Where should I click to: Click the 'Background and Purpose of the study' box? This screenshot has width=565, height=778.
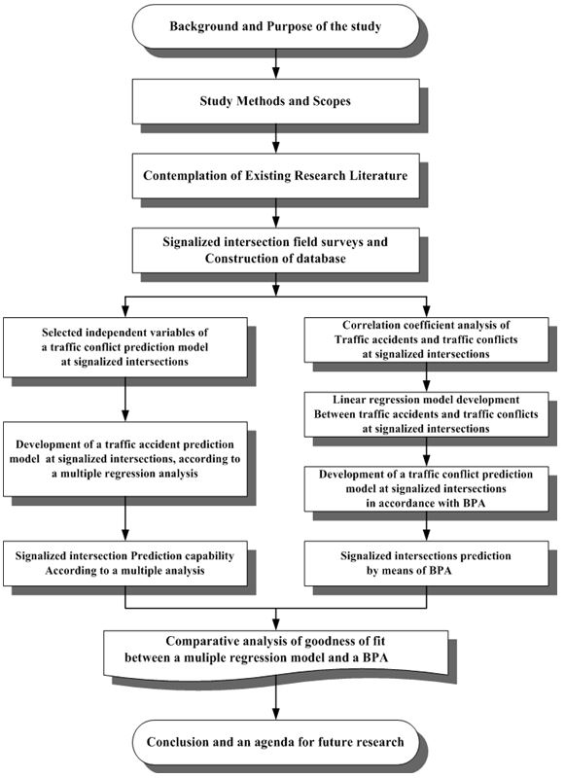[275, 26]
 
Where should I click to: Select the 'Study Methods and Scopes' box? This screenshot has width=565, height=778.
[275, 101]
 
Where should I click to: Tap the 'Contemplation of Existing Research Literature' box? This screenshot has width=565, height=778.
[275, 176]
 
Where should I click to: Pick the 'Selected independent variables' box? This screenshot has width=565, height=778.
[125, 347]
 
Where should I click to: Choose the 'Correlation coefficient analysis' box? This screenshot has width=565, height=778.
[426, 339]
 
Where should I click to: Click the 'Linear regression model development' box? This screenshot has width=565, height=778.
[426, 414]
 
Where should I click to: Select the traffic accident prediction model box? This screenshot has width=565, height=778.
[125, 459]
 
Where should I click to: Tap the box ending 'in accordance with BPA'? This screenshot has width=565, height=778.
[426, 489]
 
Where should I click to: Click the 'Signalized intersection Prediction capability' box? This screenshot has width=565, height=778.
[125, 563]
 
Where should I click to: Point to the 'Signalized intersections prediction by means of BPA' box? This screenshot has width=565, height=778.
[426, 563]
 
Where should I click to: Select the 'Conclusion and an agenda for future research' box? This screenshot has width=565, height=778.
[275, 742]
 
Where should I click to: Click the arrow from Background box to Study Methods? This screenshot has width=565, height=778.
[276, 63]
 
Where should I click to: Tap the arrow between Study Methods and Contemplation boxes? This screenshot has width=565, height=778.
[276, 138]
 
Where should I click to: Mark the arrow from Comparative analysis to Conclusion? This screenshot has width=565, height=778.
[276, 698]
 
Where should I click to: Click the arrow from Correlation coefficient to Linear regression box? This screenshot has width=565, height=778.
[426, 377]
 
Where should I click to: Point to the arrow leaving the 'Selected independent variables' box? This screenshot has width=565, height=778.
[125, 400]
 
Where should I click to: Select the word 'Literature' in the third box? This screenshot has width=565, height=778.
[378, 176]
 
